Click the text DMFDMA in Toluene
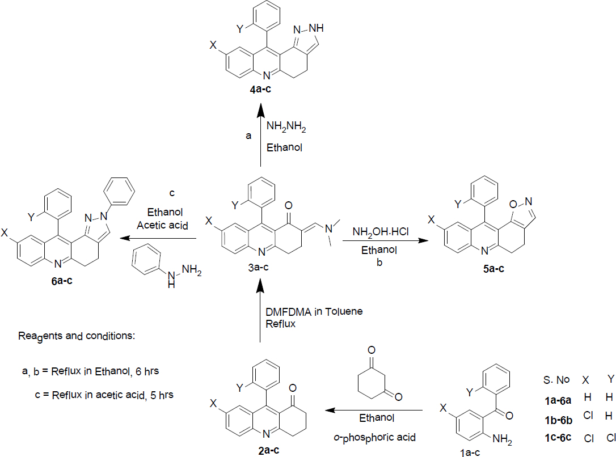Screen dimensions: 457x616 [314, 311]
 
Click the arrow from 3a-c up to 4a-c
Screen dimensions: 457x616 [260, 136]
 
